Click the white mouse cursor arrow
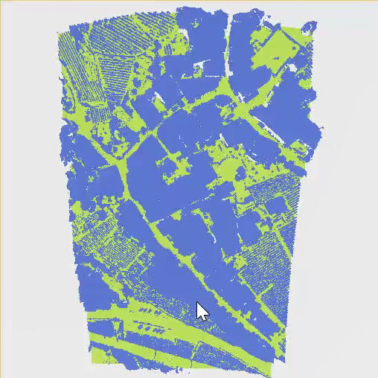click(x=202, y=311)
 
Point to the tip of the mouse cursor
click(x=197, y=303)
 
